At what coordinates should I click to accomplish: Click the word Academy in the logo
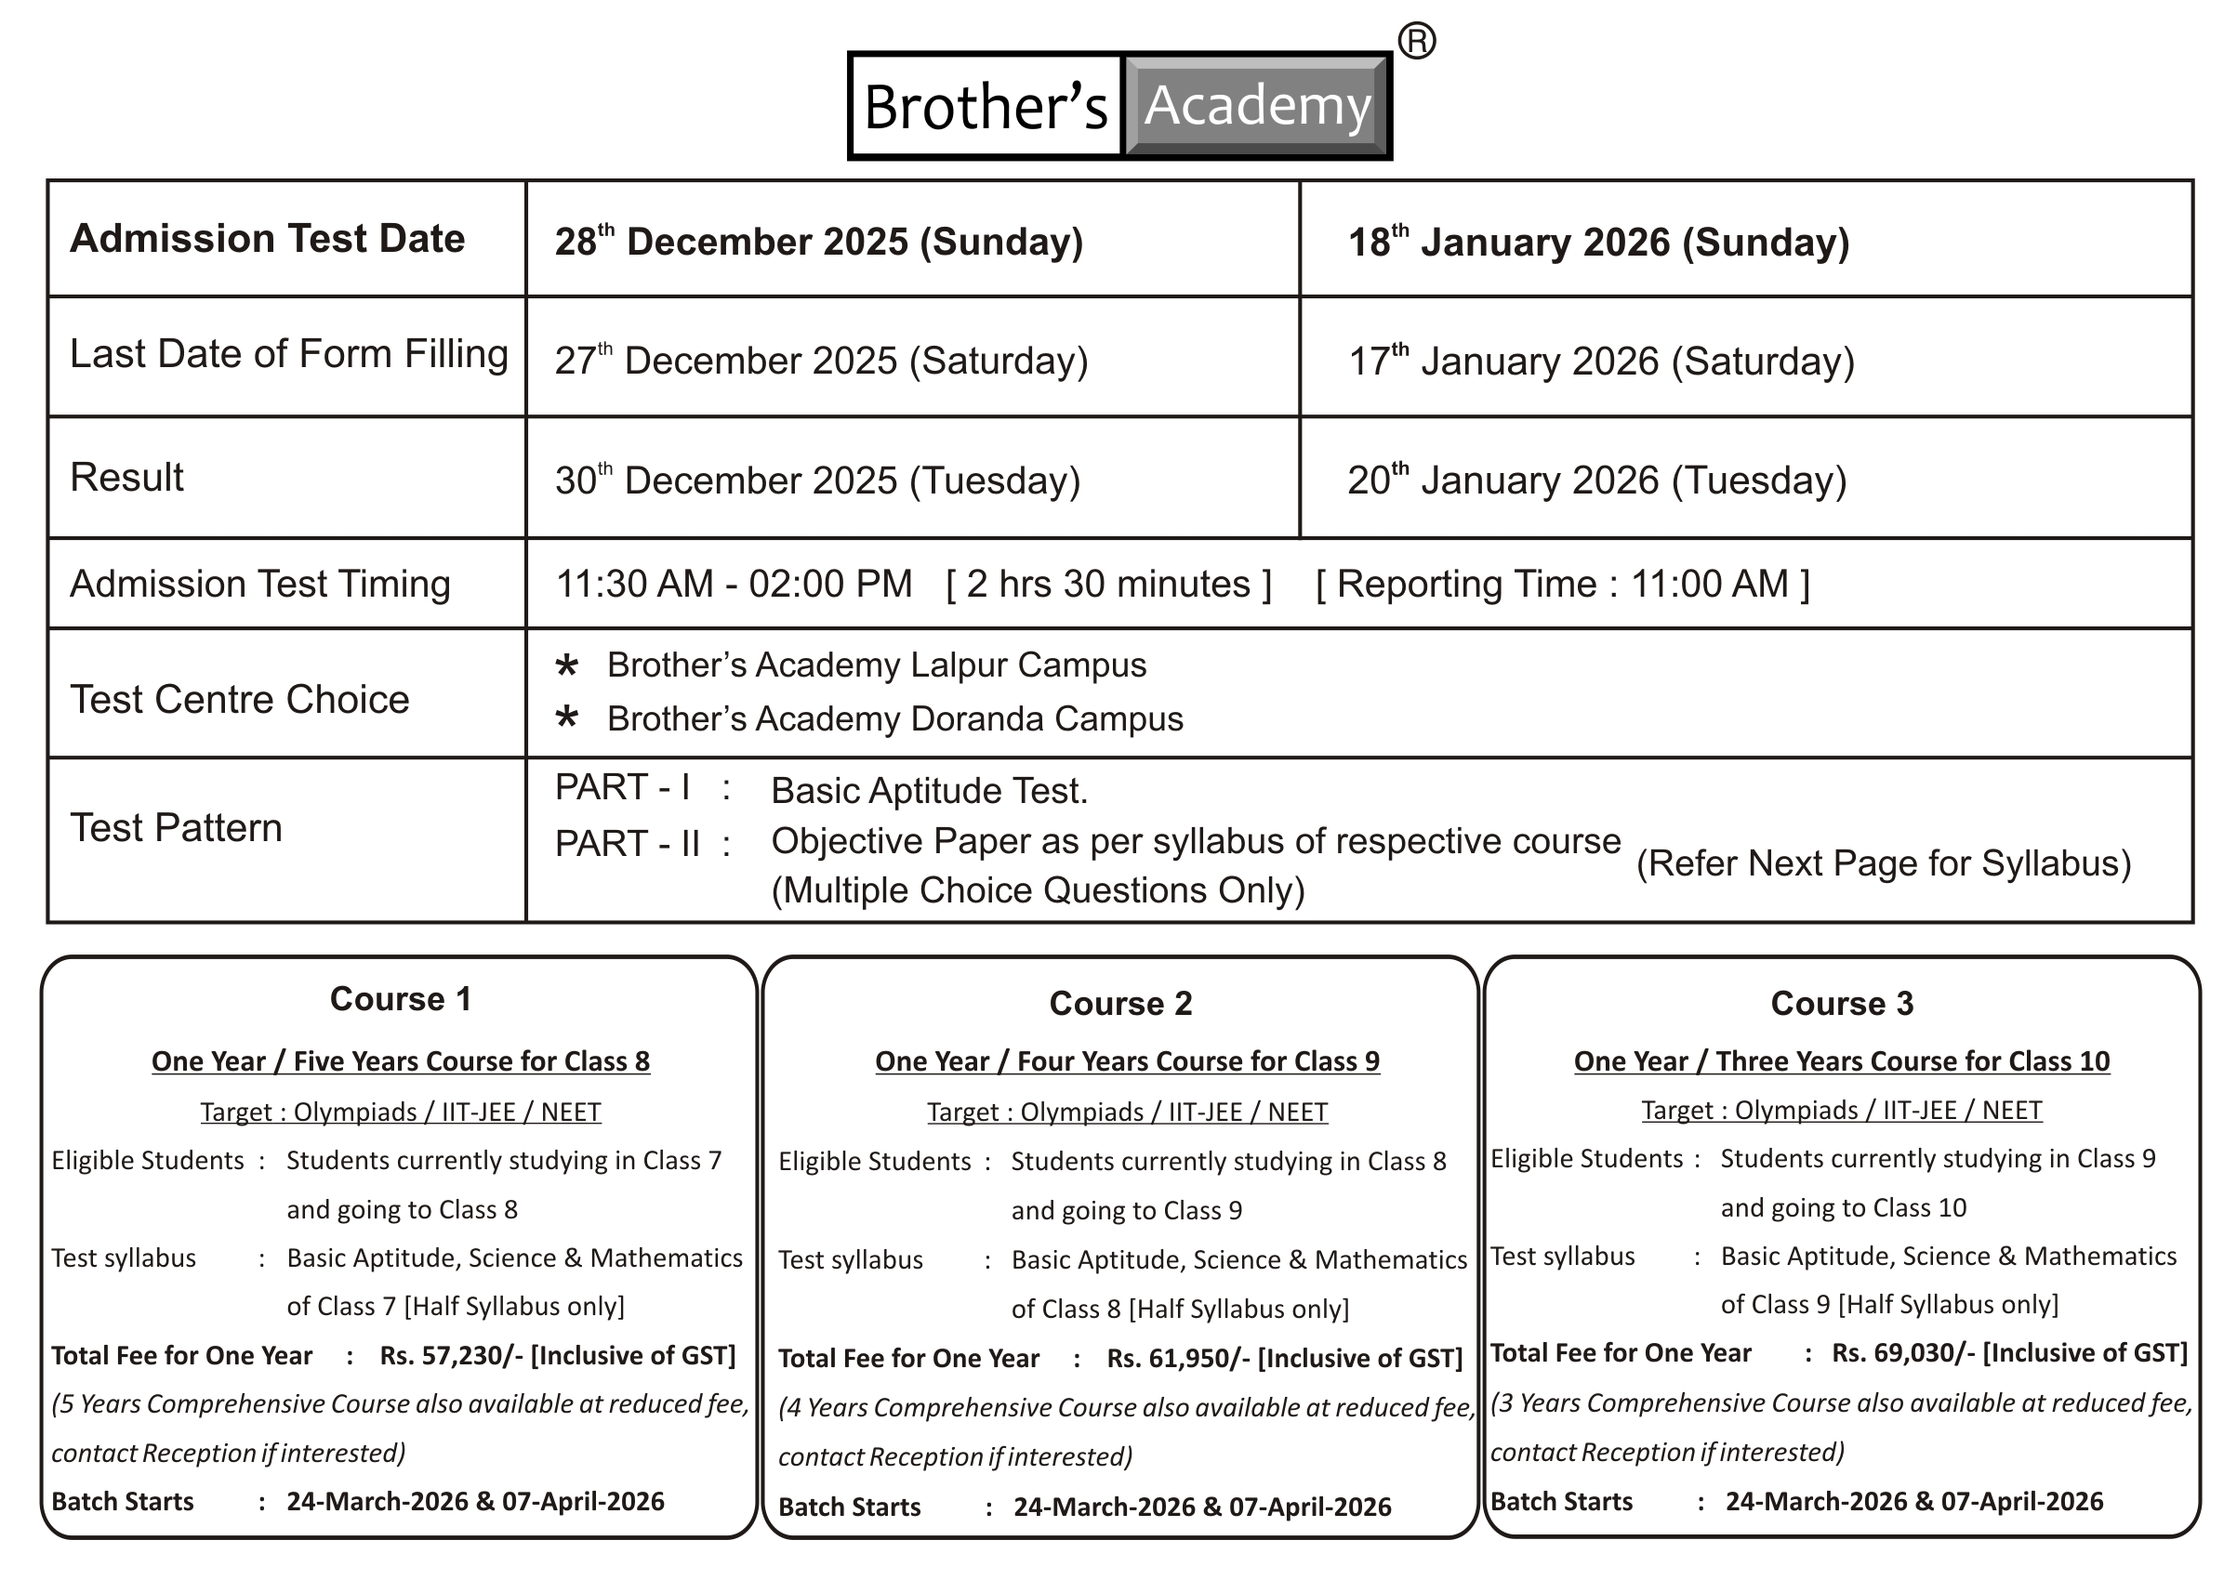coord(1257,106)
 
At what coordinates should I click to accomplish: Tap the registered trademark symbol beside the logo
coord(1416,41)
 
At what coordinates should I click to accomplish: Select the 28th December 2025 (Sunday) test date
coord(818,242)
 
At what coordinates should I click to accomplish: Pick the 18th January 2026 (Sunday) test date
coord(1597,242)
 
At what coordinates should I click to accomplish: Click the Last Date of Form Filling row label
coord(288,354)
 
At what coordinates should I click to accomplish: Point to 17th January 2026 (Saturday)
coord(1600,361)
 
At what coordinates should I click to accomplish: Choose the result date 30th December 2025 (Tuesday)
coord(816,481)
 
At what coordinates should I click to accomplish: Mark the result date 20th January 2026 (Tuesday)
coord(1596,481)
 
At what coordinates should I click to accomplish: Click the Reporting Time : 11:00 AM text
coord(1562,585)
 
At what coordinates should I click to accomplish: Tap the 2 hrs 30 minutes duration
coord(1107,585)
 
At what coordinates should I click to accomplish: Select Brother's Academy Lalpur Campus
coord(876,665)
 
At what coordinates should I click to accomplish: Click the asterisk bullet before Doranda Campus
coord(566,718)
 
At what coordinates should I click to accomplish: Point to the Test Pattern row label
coord(176,828)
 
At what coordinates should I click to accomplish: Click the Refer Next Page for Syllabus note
coord(1883,863)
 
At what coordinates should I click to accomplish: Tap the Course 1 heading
coord(401,998)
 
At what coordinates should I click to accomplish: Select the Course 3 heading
coord(1842,1004)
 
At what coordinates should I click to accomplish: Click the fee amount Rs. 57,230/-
coord(450,1356)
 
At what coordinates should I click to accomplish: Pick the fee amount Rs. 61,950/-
coord(1177,1359)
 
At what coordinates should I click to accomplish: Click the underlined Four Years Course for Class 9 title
coord(1126,1061)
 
